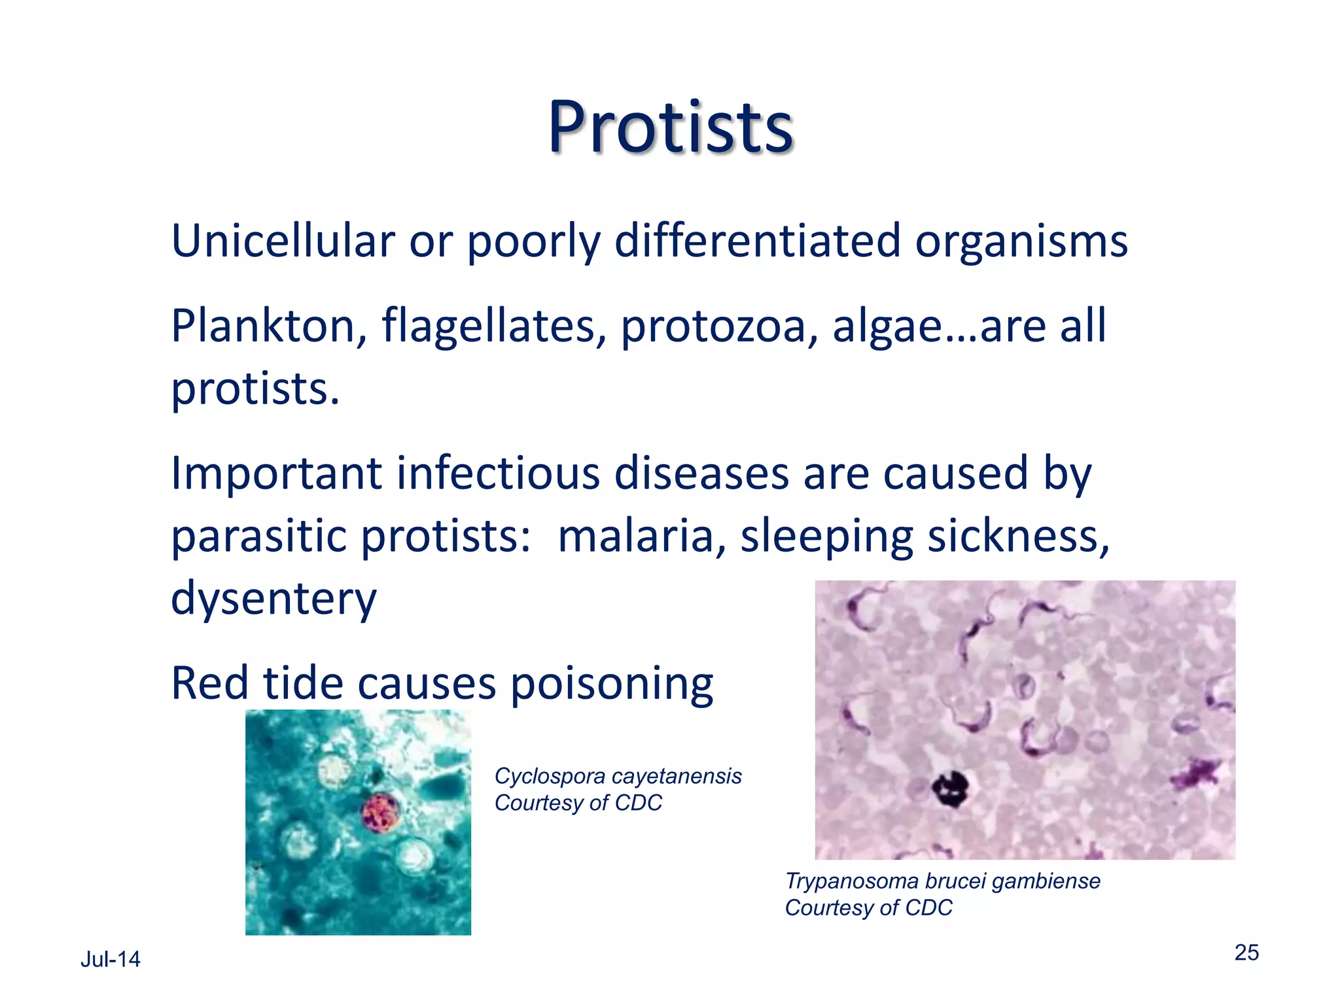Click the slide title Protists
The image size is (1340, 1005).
point(670,128)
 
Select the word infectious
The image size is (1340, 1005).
point(497,473)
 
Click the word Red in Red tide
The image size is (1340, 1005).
point(209,684)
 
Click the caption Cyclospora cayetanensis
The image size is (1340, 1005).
point(618,776)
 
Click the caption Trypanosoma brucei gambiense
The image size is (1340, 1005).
point(942,881)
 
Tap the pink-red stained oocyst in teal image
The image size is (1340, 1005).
point(381,812)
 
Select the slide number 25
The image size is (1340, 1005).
point(1246,953)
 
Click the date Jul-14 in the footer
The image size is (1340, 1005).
point(110,959)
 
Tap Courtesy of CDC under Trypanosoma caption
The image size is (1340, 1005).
point(868,908)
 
